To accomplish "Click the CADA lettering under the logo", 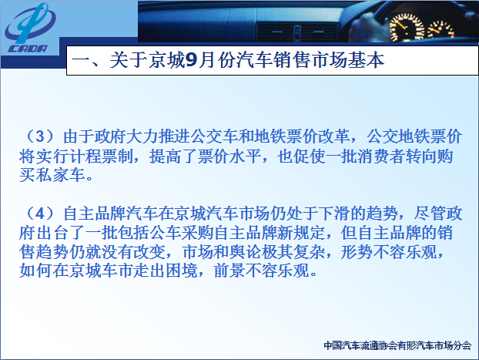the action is click(28, 49).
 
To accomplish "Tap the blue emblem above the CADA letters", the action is click(30, 23).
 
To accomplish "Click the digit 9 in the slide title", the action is click(192, 60).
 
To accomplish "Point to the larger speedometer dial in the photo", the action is click(407, 29).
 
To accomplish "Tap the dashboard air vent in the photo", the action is click(296, 32).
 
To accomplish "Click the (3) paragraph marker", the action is click(40, 136).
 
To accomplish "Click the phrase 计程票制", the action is click(99, 156).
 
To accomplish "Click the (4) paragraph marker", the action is click(40, 214).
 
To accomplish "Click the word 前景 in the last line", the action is click(229, 271).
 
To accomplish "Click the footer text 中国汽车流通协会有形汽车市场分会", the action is click(397, 345).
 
